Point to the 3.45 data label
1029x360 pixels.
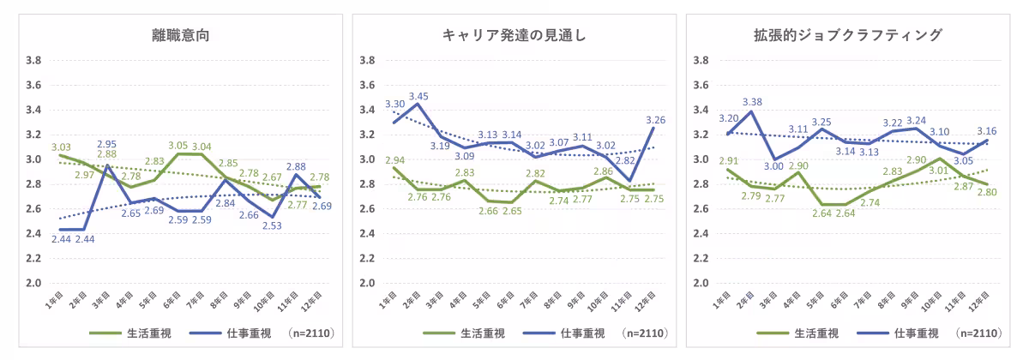[418, 96]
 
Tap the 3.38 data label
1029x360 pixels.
[751, 100]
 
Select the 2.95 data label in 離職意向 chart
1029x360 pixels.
[106, 144]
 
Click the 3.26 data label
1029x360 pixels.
[653, 120]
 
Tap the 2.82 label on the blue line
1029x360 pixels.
[627, 160]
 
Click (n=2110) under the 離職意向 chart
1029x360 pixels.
[310, 333]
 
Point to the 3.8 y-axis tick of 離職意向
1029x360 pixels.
[34, 61]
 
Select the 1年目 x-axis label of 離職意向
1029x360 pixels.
[53, 302]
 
